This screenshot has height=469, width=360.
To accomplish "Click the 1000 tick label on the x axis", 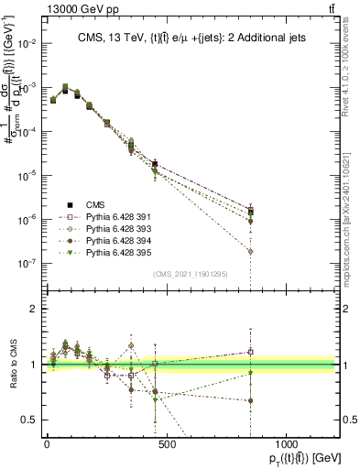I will pos(286,445).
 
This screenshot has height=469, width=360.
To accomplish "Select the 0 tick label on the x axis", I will pos(47,445).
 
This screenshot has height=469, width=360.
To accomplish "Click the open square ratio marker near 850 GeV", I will pos(327,351).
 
